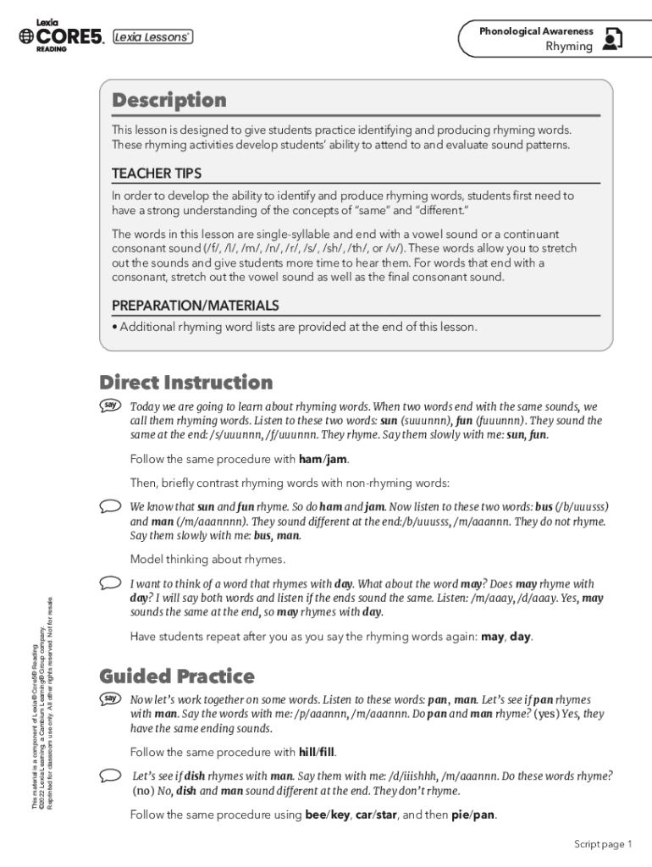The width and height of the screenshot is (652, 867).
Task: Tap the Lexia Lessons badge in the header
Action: (153, 36)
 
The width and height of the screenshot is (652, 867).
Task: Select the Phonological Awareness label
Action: (536, 31)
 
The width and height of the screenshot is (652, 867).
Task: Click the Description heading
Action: (169, 101)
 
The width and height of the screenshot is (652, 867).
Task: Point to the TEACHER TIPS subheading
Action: (157, 174)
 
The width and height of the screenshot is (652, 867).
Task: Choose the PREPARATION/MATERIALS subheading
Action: (196, 306)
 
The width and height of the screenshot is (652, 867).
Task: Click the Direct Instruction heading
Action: (186, 382)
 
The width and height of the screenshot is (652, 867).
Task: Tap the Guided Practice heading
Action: (177, 676)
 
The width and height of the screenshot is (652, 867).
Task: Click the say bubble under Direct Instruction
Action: (110, 406)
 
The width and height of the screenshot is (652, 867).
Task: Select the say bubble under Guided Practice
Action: (110, 699)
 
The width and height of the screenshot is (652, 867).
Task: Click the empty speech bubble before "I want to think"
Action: (110, 583)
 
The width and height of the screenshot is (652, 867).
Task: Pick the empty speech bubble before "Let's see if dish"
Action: (110, 775)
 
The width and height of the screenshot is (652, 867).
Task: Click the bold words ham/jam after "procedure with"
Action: (323, 460)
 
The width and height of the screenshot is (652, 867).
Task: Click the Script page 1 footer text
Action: (603, 844)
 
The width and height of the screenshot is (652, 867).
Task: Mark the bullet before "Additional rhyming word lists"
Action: (115, 327)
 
